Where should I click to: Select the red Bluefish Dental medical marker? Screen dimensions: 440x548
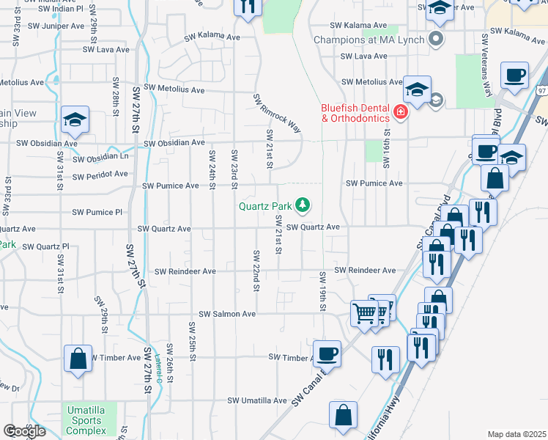pyautogui.click(x=400, y=112)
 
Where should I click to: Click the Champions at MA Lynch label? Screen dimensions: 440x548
pyautogui.click(x=370, y=39)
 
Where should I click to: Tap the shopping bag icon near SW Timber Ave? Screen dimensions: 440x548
pyautogui.click(x=78, y=359)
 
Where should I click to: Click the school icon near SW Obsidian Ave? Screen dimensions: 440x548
pyautogui.click(x=75, y=120)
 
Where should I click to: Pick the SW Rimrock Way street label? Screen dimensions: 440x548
pyautogui.click(x=278, y=114)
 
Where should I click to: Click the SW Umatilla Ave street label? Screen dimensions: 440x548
pyautogui.click(x=256, y=400)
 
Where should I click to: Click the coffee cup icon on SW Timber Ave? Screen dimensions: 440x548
pyautogui.click(x=327, y=353)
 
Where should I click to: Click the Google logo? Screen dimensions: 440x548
pyautogui.click(x=23, y=431)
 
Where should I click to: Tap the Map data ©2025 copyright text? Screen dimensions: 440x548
pyautogui.click(x=516, y=434)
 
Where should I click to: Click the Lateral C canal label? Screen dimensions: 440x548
pyautogui.click(x=158, y=370)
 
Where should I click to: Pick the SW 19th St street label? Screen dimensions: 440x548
pyautogui.click(x=322, y=290)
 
